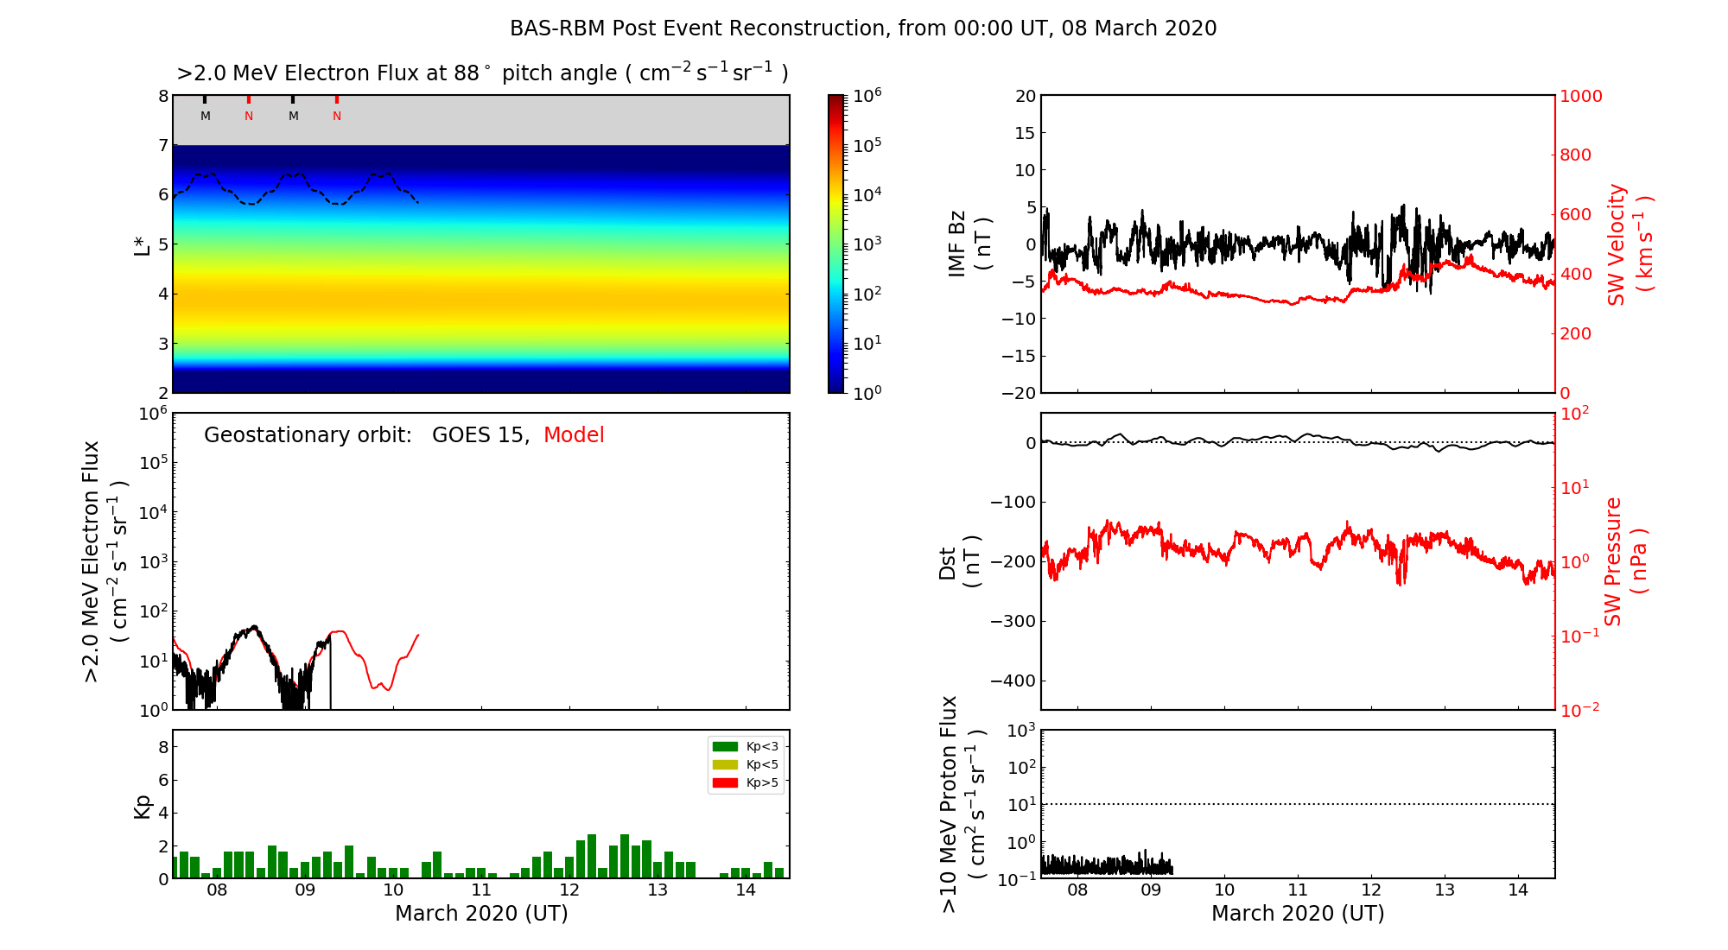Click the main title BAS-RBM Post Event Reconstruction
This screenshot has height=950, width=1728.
(x=862, y=28)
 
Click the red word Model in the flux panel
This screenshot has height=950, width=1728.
(x=574, y=435)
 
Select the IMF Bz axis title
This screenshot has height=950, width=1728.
(x=969, y=244)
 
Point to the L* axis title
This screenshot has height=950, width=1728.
(x=143, y=244)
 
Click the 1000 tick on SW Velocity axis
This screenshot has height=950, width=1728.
(x=1580, y=96)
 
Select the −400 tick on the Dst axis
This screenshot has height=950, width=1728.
(x=1012, y=681)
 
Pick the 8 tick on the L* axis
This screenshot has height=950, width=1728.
(x=162, y=96)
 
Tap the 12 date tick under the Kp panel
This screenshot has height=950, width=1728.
(x=569, y=890)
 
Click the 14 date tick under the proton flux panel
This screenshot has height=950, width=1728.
(x=1518, y=890)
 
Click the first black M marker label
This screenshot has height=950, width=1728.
(x=206, y=117)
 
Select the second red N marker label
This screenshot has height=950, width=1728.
(x=337, y=117)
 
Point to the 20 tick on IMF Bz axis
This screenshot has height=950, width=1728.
(x=1025, y=96)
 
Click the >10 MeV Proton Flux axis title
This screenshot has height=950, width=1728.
(x=961, y=804)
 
